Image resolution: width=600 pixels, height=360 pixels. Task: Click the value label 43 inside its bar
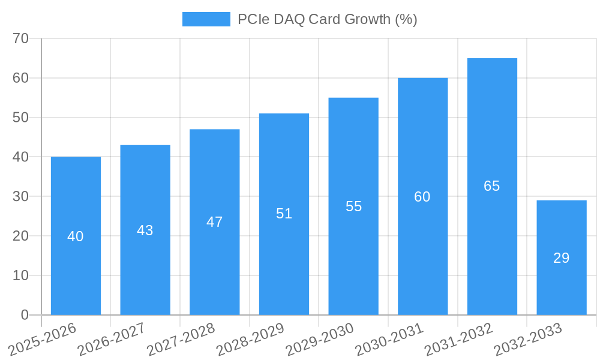coord(145,230)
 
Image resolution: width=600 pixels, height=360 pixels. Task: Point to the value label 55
coord(354,206)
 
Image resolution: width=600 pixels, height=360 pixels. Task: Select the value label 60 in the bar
coord(422,197)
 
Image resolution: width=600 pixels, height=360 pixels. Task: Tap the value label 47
coord(215,222)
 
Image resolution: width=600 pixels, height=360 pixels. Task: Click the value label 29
coord(562,258)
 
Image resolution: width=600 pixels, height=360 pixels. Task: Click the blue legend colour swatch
coord(206,19)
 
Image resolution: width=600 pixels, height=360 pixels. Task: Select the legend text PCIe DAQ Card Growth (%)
coord(327,19)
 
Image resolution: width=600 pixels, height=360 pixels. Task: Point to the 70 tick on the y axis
coord(21,38)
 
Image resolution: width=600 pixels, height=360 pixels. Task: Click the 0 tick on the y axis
coord(25,315)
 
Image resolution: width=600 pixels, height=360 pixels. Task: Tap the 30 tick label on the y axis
coord(21,196)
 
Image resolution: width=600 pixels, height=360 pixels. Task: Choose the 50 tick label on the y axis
coord(21,118)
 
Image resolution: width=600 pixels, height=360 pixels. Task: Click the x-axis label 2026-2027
coord(112,339)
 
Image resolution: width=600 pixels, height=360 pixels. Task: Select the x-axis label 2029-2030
coord(319,339)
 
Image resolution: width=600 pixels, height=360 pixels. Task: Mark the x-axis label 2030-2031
coord(389,339)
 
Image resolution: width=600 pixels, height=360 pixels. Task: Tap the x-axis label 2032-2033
coord(527,339)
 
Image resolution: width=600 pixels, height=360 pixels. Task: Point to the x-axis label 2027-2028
coord(181,339)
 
